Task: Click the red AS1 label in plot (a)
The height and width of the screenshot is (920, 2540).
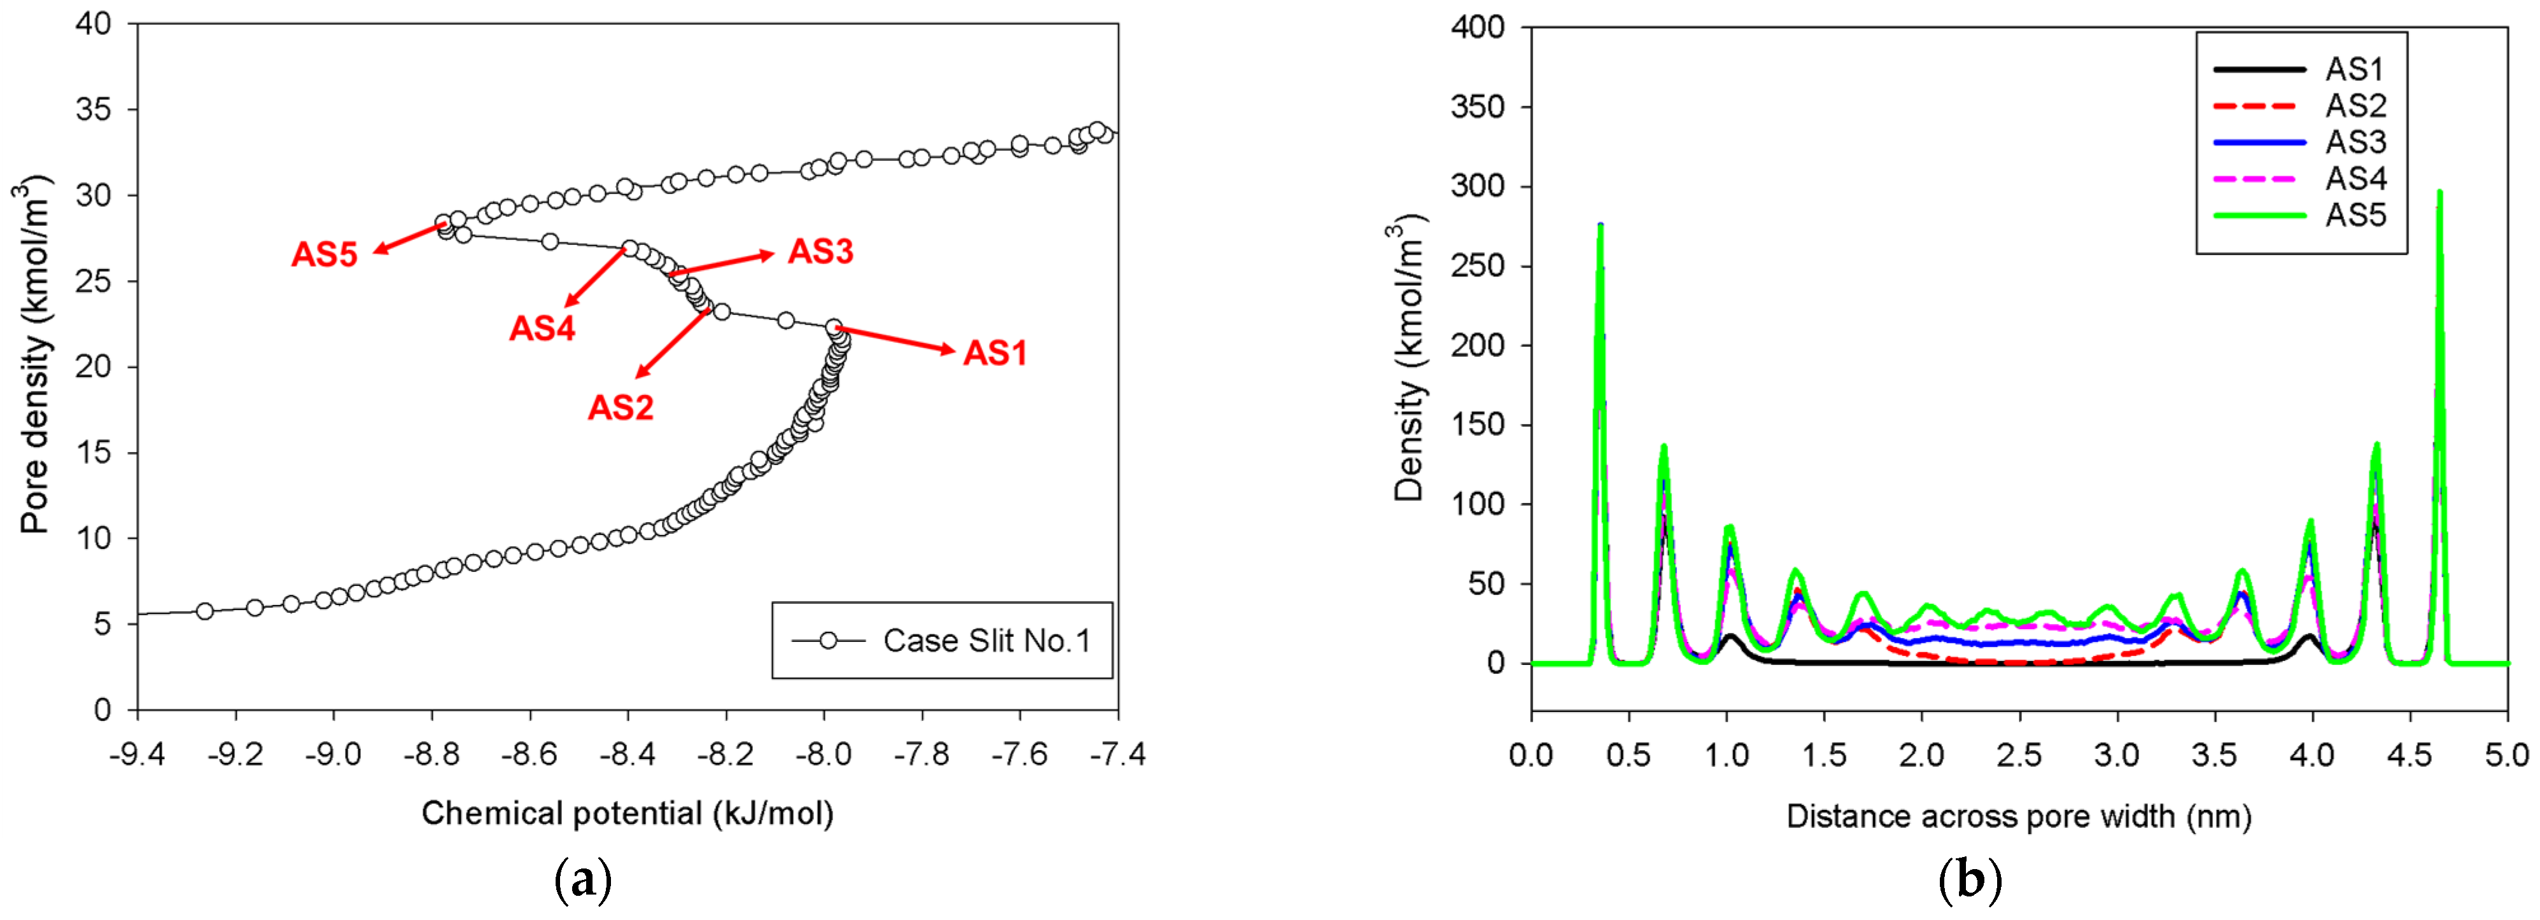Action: [995, 353]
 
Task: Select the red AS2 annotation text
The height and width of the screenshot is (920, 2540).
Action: [621, 407]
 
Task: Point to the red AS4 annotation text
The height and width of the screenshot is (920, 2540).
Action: [542, 328]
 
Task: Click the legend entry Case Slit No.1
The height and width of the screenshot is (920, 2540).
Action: [986, 641]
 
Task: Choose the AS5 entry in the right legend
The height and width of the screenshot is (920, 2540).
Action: [2355, 215]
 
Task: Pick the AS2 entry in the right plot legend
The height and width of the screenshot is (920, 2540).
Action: [2355, 106]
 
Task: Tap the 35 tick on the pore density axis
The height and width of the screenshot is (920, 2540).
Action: [94, 109]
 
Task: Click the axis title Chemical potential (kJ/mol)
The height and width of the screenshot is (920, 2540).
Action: [627, 814]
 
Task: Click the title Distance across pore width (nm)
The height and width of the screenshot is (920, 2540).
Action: [2018, 816]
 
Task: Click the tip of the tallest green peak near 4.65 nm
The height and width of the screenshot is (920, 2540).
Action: [2439, 192]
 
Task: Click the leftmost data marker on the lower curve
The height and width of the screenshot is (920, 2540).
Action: [204, 611]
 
